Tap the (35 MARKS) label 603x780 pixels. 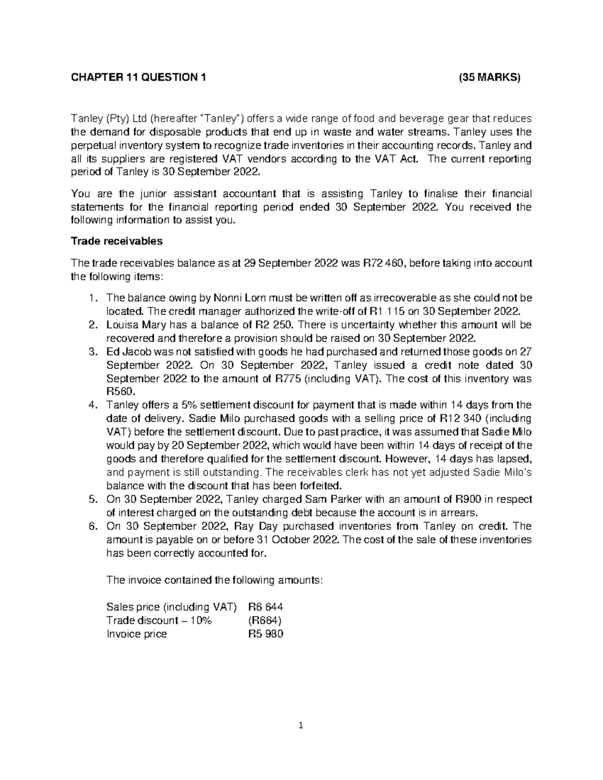point(490,77)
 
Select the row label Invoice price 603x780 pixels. point(137,633)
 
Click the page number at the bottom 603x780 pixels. point(301,725)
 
